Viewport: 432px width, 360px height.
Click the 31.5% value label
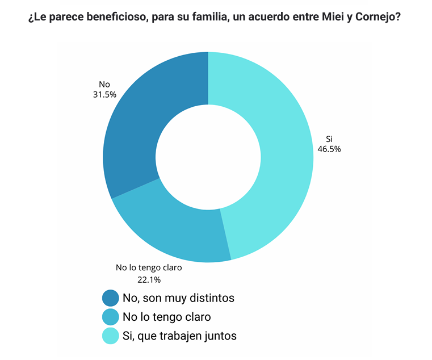tap(104, 95)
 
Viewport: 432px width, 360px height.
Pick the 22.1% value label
tap(149, 279)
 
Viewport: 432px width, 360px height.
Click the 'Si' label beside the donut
tap(329, 139)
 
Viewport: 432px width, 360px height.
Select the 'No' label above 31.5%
tap(104, 85)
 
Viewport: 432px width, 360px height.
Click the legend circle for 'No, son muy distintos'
tap(110, 298)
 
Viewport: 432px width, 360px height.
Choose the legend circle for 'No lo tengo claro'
tap(110, 317)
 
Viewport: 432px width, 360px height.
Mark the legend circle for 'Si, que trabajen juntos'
tap(110, 336)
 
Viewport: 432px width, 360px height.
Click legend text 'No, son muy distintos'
tap(178, 298)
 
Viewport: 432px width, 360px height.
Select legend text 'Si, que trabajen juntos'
tap(179, 336)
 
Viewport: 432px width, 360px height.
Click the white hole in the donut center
tap(208, 157)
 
